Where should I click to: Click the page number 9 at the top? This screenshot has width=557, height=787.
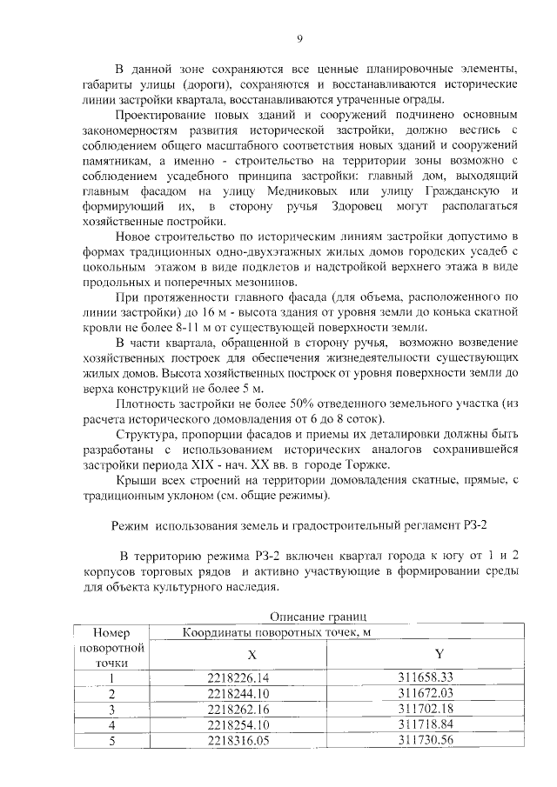[299, 38]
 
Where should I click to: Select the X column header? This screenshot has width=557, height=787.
[252, 656]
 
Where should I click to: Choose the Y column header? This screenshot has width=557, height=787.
[439, 654]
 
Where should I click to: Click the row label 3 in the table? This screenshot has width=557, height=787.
[111, 710]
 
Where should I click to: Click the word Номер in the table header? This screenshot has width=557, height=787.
[111, 633]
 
